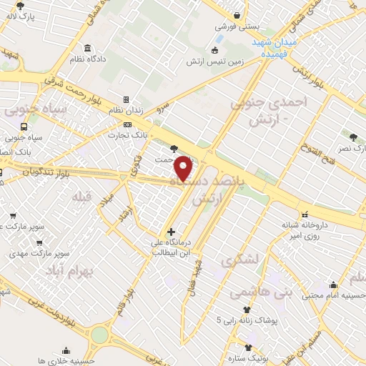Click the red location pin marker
point(184,168)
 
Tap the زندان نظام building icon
point(127,100)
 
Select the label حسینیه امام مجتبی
point(336,294)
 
